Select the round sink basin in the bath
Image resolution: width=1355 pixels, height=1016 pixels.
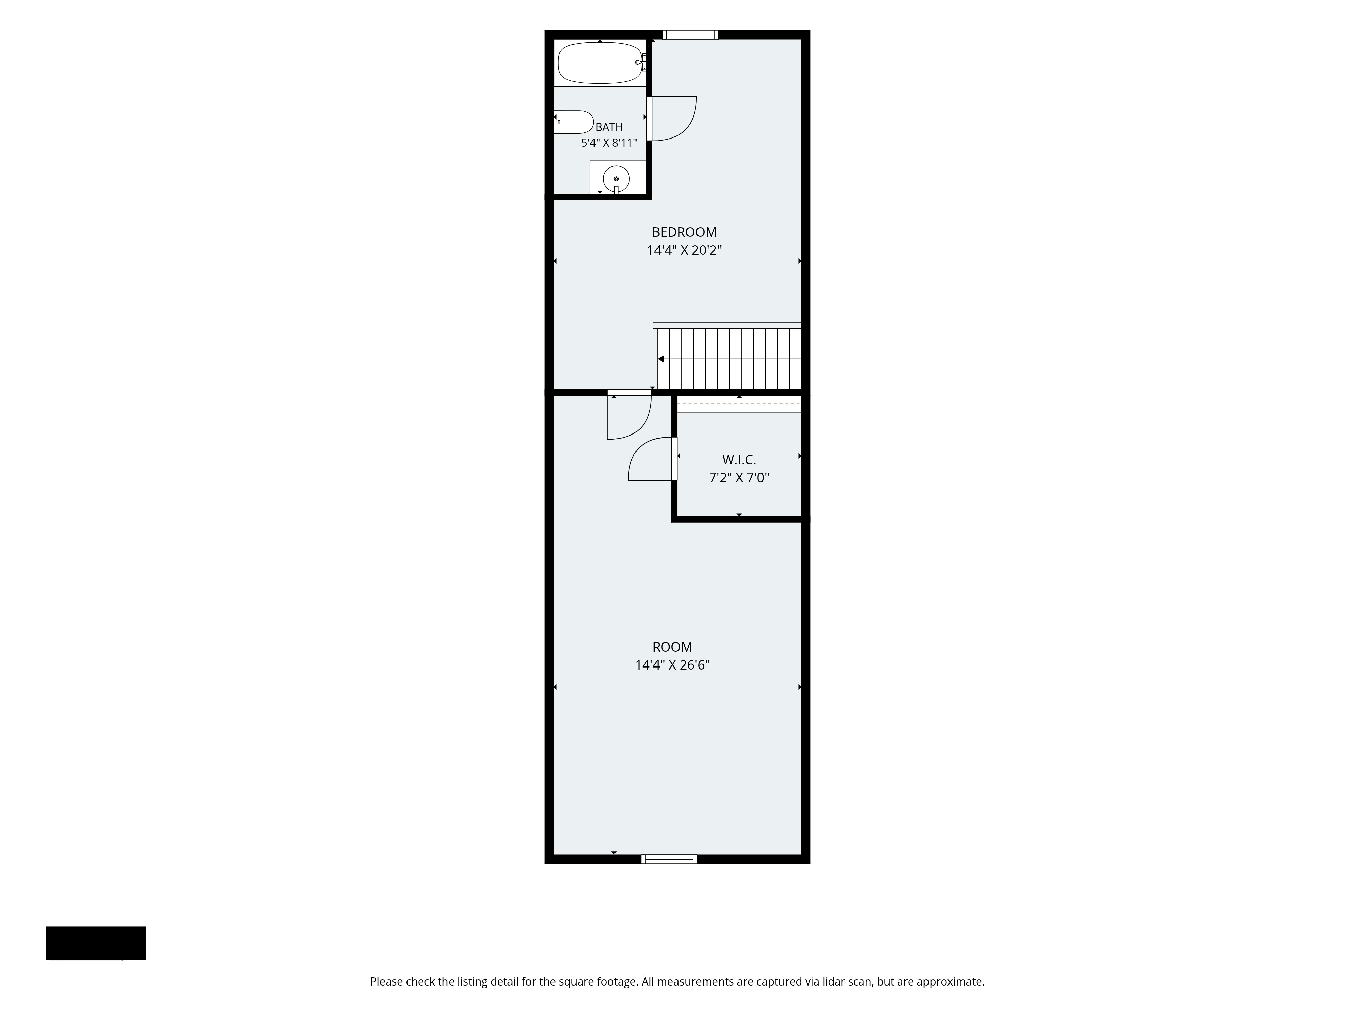pos(616,179)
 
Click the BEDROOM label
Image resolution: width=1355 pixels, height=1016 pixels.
pos(684,232)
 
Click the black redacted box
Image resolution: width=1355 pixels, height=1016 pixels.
pos(96,943)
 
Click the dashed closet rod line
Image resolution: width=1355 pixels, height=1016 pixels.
pos(739,404)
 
